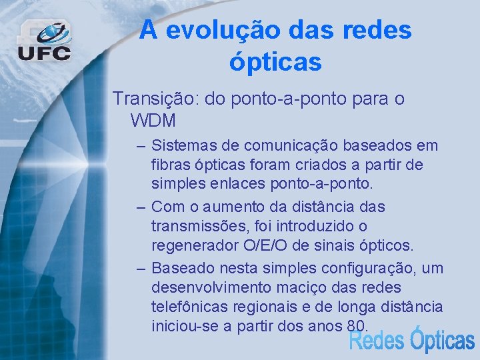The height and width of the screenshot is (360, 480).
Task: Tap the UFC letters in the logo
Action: click(44, 53)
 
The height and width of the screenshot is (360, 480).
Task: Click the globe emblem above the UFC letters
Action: click(53, 32)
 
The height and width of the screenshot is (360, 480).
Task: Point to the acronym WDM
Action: click(153, 121)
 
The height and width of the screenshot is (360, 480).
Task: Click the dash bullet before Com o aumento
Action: click(141, 207)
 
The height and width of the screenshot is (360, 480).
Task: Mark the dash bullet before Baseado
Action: click(141, 268)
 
